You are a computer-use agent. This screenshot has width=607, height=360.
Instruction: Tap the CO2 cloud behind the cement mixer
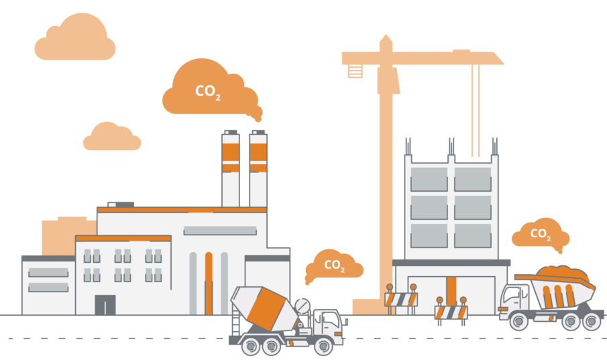[334, 265]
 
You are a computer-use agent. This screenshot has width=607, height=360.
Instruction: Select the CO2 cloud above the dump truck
[541, 233]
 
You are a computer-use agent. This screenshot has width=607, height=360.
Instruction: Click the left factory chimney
[230, 169]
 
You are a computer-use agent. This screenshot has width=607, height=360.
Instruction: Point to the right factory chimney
[258, 169]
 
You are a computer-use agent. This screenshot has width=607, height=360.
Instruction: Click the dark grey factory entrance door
[105, 304]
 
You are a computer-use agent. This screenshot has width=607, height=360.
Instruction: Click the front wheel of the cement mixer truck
[324, 346]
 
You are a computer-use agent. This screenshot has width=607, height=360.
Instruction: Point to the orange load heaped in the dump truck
[563, 274]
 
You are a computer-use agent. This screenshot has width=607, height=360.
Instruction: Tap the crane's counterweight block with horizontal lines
[355, 71]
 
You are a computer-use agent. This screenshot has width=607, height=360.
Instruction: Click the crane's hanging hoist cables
[476, 111]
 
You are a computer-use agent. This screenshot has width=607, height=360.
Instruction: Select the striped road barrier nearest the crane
[401, 299]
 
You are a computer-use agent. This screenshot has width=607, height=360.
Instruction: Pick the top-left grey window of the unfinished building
[429, 179]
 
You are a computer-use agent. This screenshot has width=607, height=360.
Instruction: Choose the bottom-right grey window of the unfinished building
[473, 236]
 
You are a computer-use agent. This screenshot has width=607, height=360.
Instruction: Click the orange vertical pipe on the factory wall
[209, 284]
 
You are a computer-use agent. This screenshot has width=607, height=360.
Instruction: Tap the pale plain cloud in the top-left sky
[75, 37]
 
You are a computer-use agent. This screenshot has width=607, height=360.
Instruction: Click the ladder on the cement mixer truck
[235, 320]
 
